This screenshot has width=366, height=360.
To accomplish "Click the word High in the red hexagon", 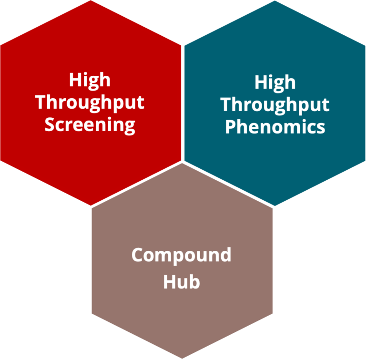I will tap(90, 80).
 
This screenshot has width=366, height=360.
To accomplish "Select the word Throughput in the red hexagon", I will tap(90, 103).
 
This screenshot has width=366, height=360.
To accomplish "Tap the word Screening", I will tap(90, 125).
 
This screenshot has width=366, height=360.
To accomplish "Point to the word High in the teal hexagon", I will tap(275, 82).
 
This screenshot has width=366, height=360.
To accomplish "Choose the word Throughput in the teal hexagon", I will tap(275, 104).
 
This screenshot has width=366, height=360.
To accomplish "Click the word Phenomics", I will tap(275, 127).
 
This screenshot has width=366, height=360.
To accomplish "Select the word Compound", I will tap(182, 256).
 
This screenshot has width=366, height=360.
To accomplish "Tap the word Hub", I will tap(182, 281).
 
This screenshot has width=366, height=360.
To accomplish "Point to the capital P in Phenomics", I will tap(230, 127).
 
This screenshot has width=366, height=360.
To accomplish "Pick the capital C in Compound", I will tap(138, 255).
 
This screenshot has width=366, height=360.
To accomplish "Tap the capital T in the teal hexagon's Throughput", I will tap(226, 104).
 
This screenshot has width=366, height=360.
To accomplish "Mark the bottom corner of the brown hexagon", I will tap(182, 358).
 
